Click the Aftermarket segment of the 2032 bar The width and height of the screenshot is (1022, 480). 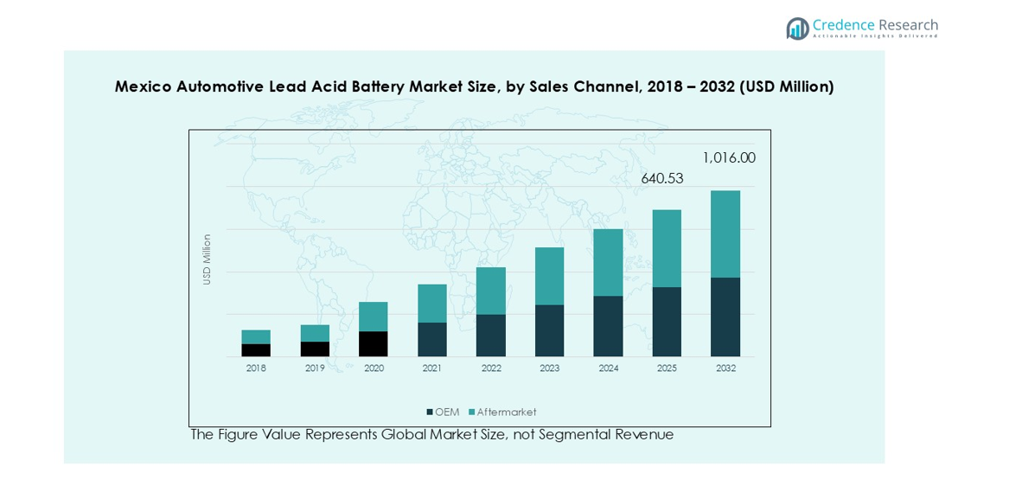(x=725, y=234)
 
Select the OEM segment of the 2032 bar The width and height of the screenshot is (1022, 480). (x=725, y=317)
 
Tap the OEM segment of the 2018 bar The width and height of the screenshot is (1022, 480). (x=256, y=350)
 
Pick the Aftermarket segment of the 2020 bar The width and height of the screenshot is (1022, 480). (x=374, y=317)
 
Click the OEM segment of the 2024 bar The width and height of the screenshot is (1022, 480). (x=608, y=326)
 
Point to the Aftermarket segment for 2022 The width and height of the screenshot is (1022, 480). (x=491, y=291)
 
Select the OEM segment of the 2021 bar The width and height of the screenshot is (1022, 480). (x=432, y=339)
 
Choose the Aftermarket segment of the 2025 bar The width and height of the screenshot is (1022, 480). (x=667, y=248)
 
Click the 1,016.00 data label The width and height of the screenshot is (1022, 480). (x=728, y=158)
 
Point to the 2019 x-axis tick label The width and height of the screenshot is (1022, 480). (x=315, y=368)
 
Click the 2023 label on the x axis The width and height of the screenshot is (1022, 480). (x=549, y=368)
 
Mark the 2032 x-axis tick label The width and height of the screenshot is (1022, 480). (x=725, y=368)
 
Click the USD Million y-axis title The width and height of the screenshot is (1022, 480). (x=207, y=259)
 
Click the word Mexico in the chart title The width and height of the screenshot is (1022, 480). (x=143, y=86)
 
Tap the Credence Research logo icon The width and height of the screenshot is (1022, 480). (x=797, y=29)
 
